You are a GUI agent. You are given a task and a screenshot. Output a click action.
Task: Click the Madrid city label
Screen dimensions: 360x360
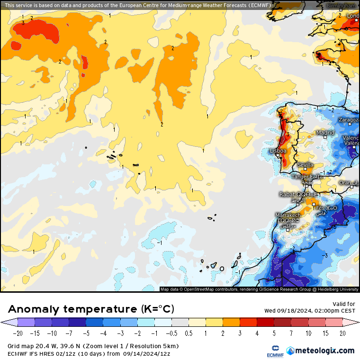pyautogui.click(x=325, y=133)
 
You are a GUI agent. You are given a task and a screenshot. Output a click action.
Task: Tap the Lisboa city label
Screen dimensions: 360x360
pyautogui.click(x=278, y=151)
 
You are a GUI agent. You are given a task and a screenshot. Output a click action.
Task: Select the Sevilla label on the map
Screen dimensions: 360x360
pyautogui.click(x=305, y=165)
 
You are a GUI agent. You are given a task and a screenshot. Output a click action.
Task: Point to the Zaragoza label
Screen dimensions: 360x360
pyautogui.click(x=349, y=120)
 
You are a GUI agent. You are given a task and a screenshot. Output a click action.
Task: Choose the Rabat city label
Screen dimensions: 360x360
pyautogui.click(x=288, y=194)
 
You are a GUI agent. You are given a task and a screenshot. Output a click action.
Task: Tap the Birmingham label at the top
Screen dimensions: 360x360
pyautogui.click(x=342, y=5)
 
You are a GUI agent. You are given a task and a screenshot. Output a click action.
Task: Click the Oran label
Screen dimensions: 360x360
pyautogui.click(x=345, y=182)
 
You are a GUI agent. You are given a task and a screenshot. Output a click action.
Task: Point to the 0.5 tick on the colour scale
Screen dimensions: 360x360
pyautogui.click(x=189, y=333)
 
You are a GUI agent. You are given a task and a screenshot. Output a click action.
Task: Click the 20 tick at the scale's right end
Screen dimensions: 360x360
pyautogui.click(x=342, y=333)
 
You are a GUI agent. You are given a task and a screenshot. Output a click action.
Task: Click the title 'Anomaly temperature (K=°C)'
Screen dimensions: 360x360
pyautogui.click(x=91, y=309)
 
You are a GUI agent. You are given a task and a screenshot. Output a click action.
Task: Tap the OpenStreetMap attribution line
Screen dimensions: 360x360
pyautogui.click(x=259, y=289)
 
